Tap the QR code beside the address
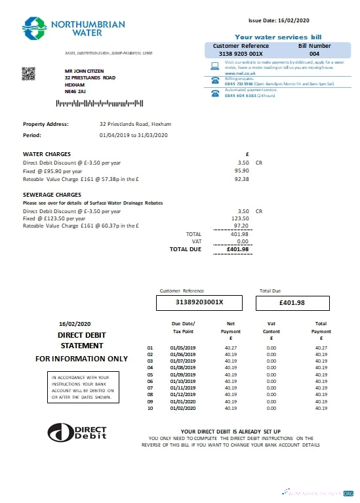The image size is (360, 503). [x=28, y=74]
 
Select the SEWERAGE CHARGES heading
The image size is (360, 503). [x=52, y=195]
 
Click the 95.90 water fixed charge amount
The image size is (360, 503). [x=243, y=170]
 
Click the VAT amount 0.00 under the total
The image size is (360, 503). [x=243, y=241]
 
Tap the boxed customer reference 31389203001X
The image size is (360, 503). [x=199, y=302]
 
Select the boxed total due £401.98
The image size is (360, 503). [x=292, y=302]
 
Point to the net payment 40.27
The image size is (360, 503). [x=231, y=348]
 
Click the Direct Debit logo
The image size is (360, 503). [x=77, y=432]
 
